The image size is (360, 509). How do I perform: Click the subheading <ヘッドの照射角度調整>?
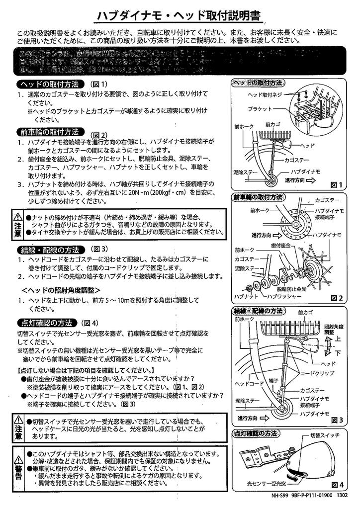click(61, 290)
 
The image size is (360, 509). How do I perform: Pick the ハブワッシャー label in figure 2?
click(284, 296)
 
